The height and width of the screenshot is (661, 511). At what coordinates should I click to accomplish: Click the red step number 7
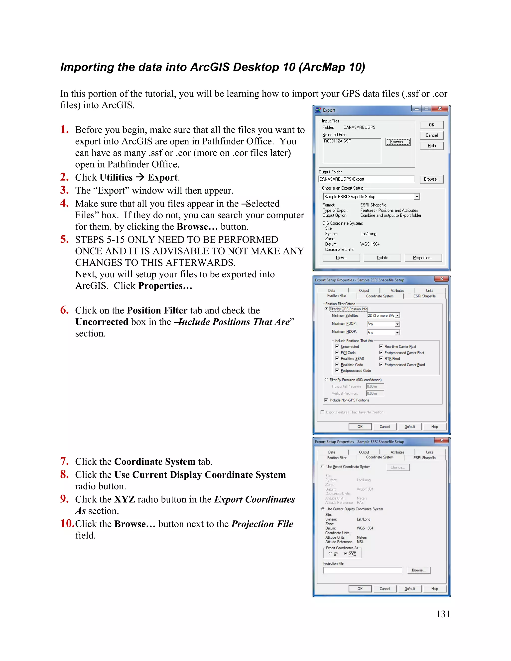click(64, 461)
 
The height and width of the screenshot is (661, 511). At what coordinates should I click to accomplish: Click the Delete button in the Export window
click(382, 258)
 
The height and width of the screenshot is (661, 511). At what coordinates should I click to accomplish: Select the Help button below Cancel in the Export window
click(431, 146)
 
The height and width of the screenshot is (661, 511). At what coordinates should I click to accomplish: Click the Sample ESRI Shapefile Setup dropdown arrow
click(417, 197)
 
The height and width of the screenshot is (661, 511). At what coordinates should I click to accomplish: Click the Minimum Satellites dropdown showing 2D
click(383, 315)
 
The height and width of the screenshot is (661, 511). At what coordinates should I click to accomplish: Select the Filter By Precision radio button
click(326, 380)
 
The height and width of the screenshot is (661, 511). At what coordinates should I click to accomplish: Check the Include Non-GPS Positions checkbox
click(326, 400)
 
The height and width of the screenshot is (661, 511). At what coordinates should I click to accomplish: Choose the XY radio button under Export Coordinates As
click(330, 553)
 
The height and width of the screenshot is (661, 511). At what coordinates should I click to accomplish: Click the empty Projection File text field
click(362, 570)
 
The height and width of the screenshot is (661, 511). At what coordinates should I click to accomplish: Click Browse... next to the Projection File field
click(418, 570)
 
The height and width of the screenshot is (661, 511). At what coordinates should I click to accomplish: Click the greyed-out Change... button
click(397, 467)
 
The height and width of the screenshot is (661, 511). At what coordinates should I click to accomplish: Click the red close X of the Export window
click(440, 109)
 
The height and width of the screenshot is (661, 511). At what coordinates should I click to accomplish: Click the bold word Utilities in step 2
click(116, 177)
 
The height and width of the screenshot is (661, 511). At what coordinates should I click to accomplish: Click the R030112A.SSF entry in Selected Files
click(337, 141)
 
